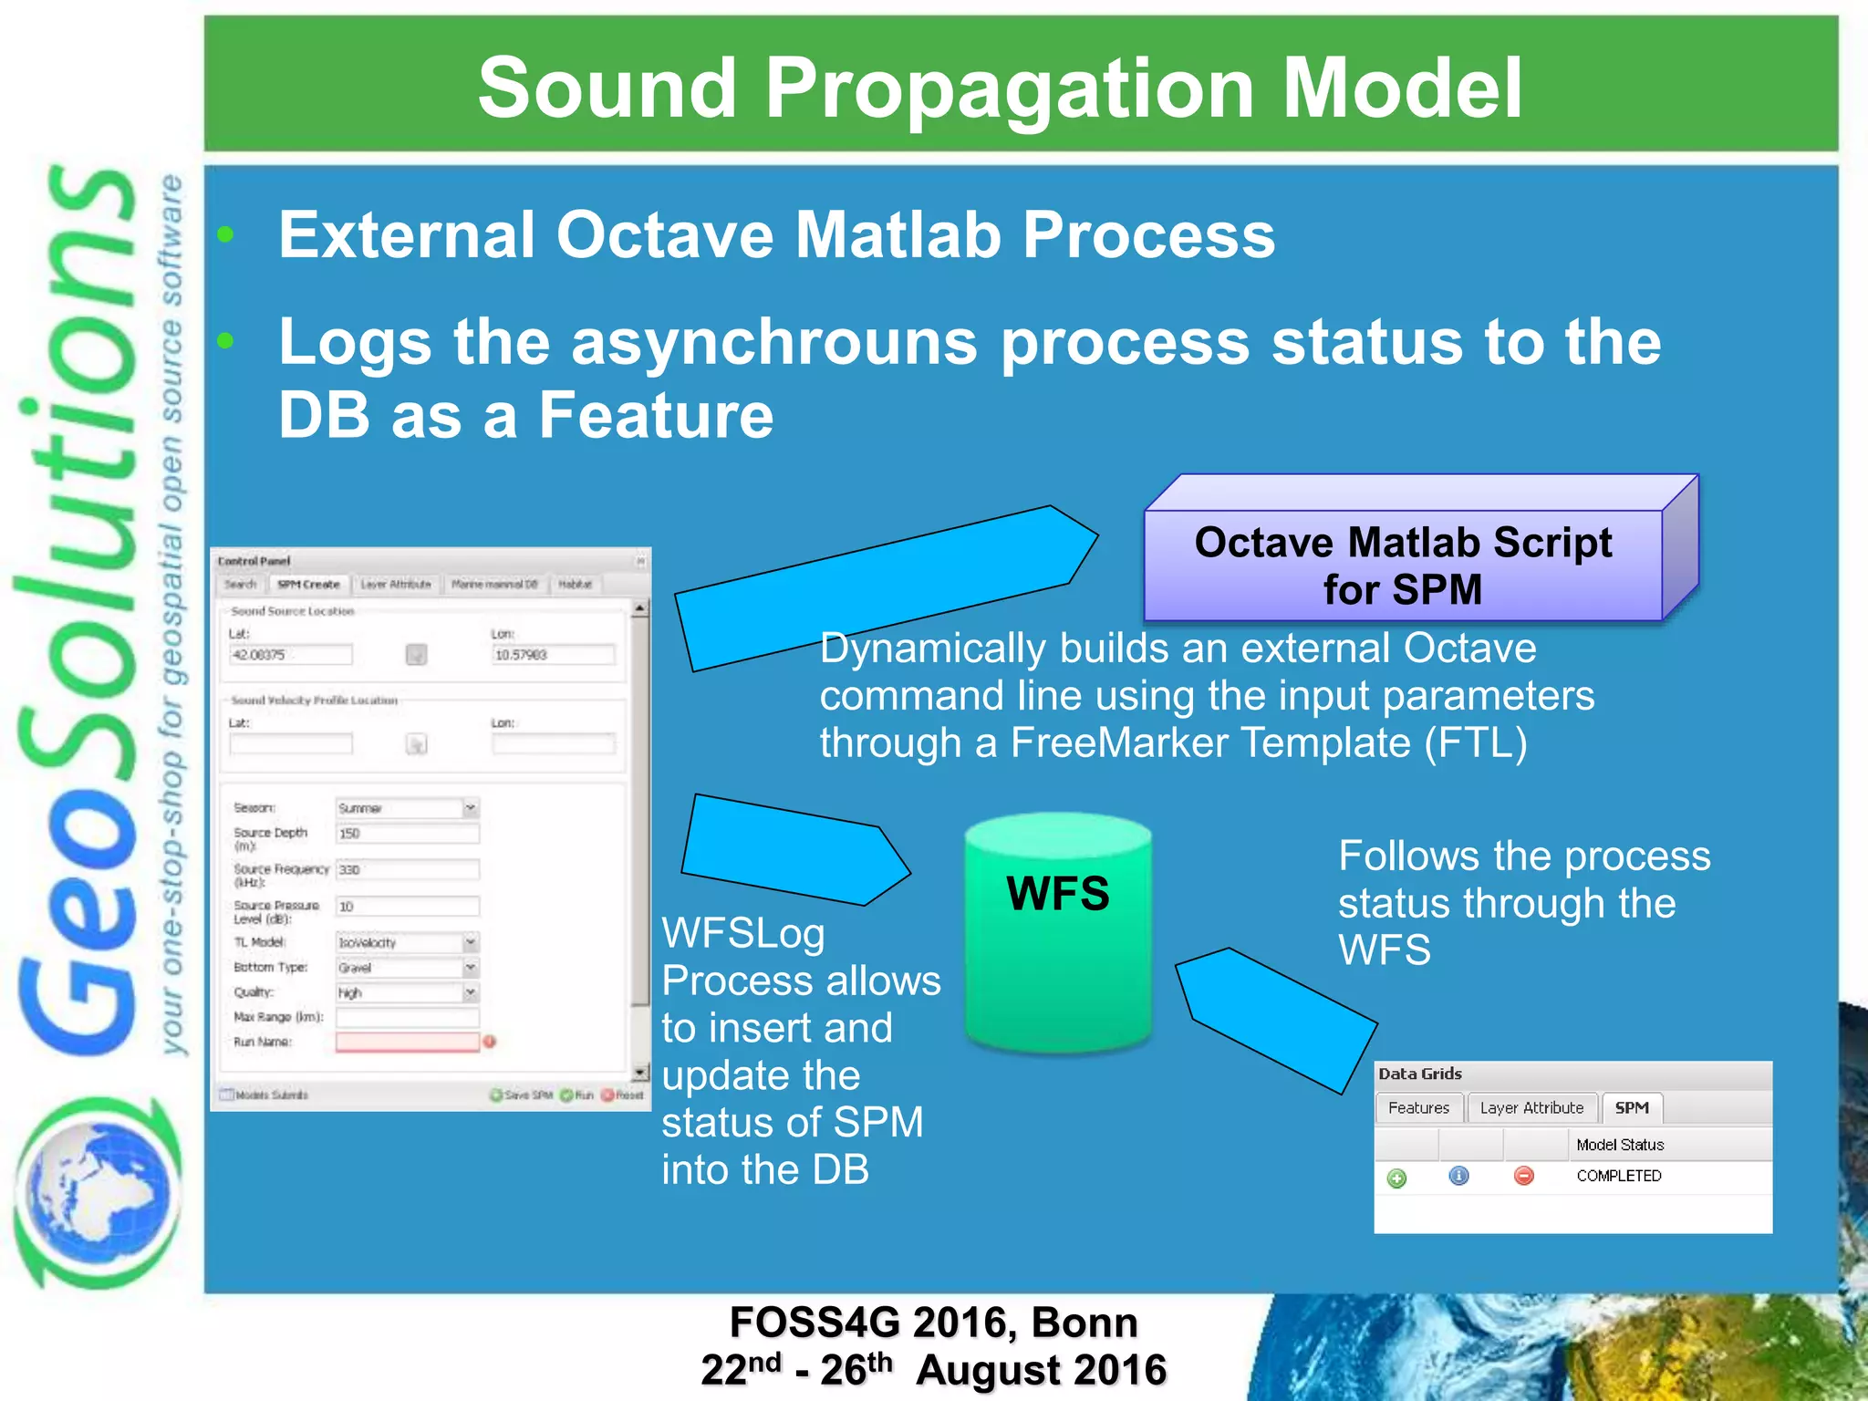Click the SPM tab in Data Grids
click(x=1632, y=1108)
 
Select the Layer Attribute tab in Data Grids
click(x=1531, y=1108)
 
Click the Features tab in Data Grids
click(x=1418, y=1108)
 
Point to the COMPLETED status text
click(x=1619, y=1176)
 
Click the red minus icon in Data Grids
click(x=1523, y=1176)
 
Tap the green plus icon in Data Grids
click(x=1396, y=1178)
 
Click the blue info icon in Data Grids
click(x=1458, y=1176)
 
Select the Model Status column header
click(x=1620, y=1145)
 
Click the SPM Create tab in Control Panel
click(x=308, y=585)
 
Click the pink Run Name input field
click(x=407, y=1042)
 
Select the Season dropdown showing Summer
click(x=407, y=808)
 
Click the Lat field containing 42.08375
click(x=290, y=655)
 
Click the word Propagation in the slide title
click(x=1009, y=88)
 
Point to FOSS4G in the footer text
click(x=815, y=1323)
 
